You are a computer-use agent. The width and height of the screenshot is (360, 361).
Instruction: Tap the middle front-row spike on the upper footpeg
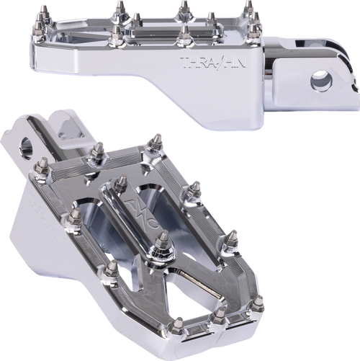184,32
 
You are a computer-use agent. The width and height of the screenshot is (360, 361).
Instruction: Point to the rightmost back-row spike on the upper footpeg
247,9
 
